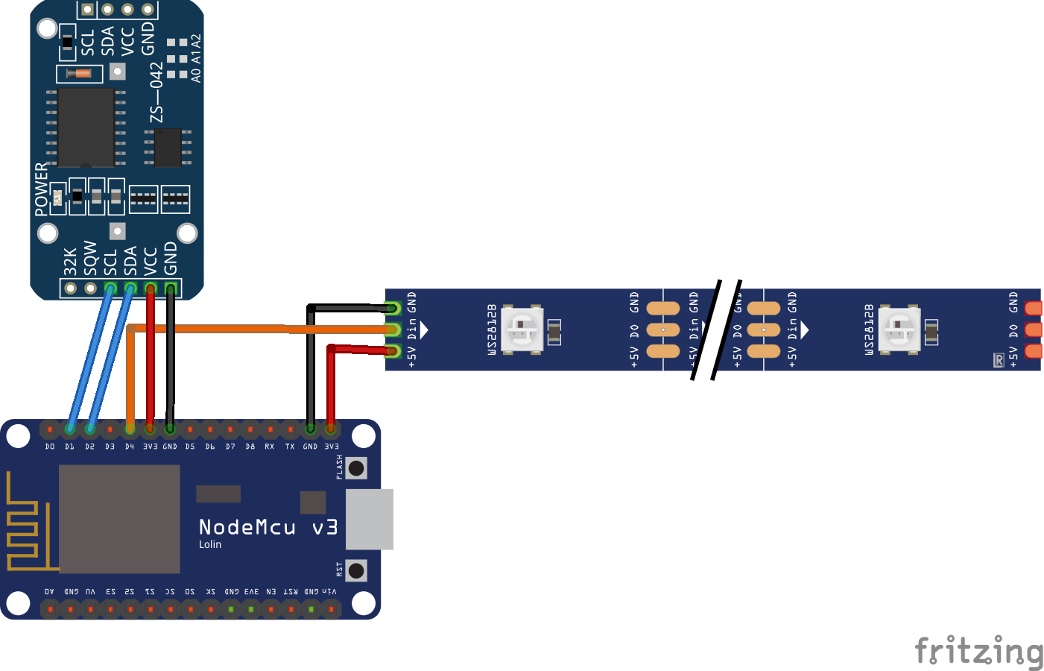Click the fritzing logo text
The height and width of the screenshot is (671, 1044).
[x=978, y=652]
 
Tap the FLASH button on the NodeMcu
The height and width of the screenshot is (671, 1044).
[x=357, y=468]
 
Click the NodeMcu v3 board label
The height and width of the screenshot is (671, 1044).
[x=268, y=528]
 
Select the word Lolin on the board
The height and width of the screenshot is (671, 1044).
[x=210, y=545]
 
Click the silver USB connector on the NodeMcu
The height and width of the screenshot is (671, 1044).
[x=370, y=520]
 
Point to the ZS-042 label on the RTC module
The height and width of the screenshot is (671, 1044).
[x=156, y=92]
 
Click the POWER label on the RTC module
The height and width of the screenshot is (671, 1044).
[x=41, y=189]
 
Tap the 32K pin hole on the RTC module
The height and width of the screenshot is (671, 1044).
[x=71, y=289]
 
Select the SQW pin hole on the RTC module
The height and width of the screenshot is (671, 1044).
[x=91, y=289]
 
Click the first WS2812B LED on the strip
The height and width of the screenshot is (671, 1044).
[x=522, y=329]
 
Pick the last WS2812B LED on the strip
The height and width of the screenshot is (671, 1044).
[x=899, y=329]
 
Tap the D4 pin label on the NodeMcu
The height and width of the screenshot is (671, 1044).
[x=130, y=447]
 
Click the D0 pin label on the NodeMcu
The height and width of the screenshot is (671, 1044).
[x=50, y=447]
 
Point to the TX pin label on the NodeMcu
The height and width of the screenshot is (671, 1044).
[x=290, y=447]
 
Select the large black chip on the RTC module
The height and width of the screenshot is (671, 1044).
[x=86, y=127]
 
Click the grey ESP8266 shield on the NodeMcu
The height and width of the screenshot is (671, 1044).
[x=119, y=519]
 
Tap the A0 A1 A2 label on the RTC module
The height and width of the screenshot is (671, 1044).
[x=196, y=58]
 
